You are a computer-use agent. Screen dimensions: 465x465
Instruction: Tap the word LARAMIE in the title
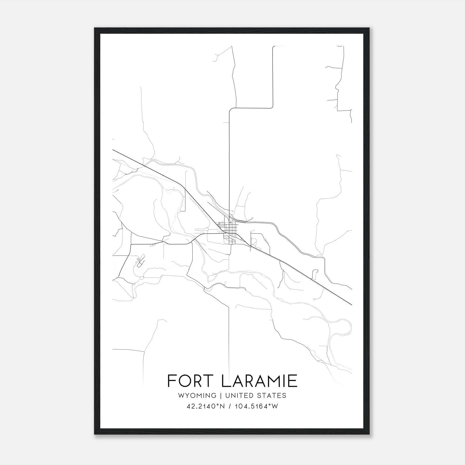click(259, 381)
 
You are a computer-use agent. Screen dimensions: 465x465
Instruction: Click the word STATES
click(272, 396)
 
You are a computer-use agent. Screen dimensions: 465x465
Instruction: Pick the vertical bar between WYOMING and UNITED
click(221, 396)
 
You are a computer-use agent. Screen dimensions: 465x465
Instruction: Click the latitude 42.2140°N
click(206, 406)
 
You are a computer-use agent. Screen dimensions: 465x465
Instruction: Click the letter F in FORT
click(171, 381)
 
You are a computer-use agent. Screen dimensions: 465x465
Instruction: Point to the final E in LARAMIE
click(293, 381)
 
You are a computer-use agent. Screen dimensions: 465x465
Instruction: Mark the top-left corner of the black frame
click(95, 28)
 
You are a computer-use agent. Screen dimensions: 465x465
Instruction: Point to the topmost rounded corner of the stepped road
click(273, 47)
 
